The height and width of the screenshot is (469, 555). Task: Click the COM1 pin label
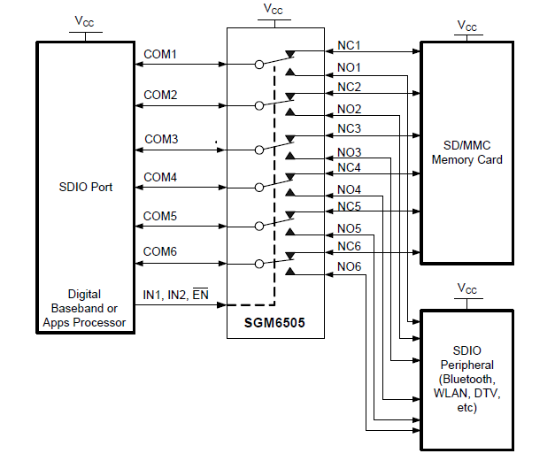tap(160, 55)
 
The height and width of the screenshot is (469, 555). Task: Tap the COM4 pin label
tap(160, 178)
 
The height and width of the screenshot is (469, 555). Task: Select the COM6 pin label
tap(160, 252)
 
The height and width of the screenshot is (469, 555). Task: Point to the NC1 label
tap(349, 45)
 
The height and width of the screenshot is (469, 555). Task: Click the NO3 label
tap(349, 151)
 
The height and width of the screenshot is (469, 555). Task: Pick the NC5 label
tap(349, 207)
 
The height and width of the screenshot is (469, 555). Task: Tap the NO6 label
tap(349, 267)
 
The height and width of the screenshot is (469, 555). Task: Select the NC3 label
tap(349, 129)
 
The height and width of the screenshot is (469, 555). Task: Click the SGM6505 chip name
tap(274, 323)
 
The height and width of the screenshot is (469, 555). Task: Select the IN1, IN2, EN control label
tap(176, 295)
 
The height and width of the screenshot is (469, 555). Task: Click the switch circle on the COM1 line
tap(258, 64)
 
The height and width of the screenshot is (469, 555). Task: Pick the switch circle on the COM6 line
tap(258, 263)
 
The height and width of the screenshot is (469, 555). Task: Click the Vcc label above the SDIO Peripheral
tap(466, 289)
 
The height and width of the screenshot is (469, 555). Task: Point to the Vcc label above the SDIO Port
tap(84, 22)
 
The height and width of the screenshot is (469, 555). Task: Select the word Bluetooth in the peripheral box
tap(469, 379)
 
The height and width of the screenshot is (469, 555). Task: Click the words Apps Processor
tap(84, 323)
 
